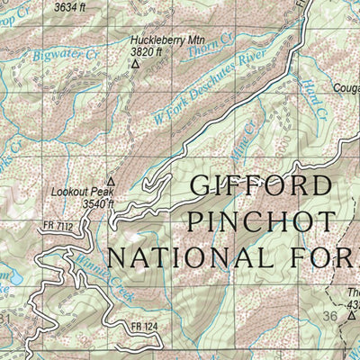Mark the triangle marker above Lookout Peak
111,180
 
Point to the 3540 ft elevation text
99,204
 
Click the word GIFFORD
260,186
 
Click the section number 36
329,318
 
